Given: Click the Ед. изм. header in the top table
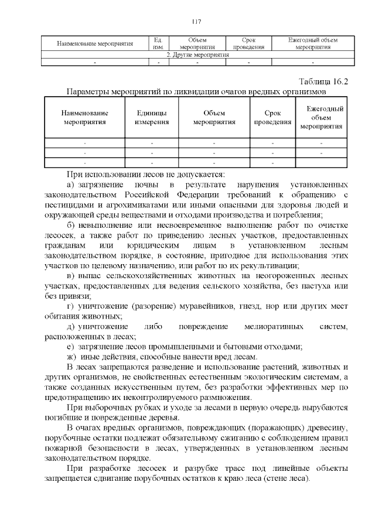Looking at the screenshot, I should (157, 43).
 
